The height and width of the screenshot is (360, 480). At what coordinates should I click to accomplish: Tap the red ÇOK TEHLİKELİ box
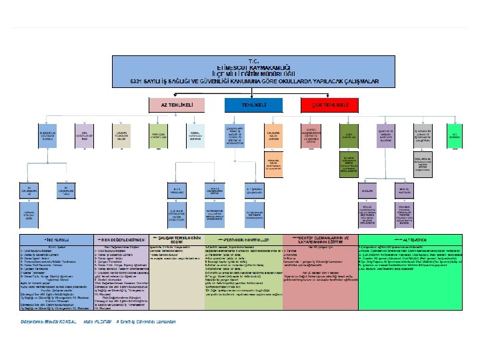[325, 105]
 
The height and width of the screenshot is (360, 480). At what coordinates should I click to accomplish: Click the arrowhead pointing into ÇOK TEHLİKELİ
[302, 105]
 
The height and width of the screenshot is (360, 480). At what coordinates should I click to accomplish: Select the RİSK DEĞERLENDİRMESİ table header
[123, 238]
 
